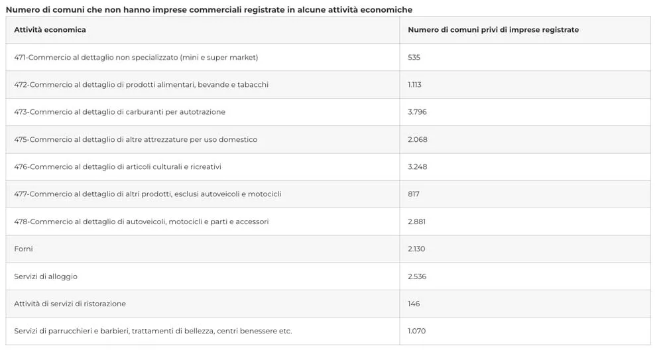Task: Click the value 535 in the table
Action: tap(414, 58)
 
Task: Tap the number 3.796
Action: tap(417, 112)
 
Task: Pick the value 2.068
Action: tap(417, 140)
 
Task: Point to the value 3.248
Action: tap(417, 167)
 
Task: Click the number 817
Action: tap(414, 194)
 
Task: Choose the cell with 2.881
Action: tap(416, 221)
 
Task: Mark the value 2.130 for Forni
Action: tap(416, 249)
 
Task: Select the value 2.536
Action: tap(417, 276)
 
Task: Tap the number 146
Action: tap(414, 304)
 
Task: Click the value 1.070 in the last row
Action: tap(416, 331)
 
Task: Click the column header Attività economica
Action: tap(50, 30)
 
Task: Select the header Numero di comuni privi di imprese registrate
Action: tap(493, 30)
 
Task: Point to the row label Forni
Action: tap(23, 249)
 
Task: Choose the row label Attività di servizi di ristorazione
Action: tap(70, 304)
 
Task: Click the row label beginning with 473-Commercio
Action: tap(119, 112)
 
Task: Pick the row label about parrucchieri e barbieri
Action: tap(152, 331)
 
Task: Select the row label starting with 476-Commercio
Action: tap(117, 167)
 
